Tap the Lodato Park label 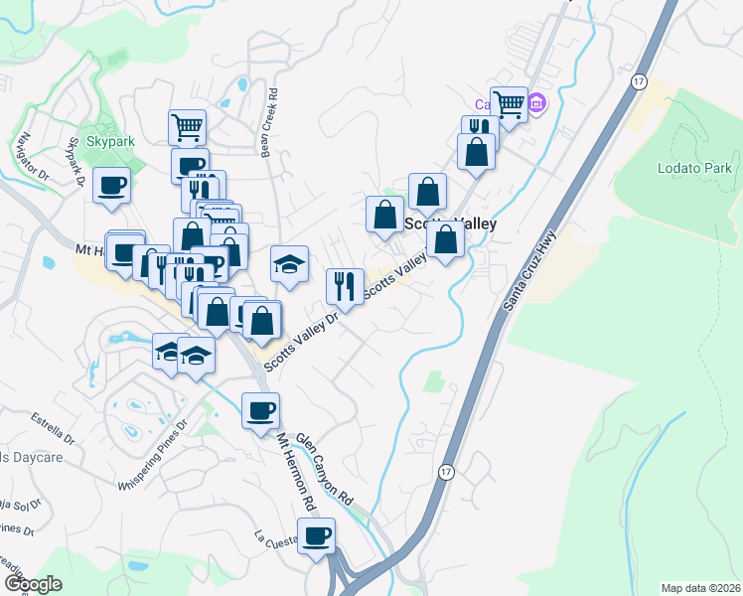(694, 168)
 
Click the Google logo (33, 584)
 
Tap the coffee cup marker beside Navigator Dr (112, 184)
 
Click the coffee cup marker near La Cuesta (317, 536)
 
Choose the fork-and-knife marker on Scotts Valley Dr (345, 286)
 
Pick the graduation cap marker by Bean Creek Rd (289, 264)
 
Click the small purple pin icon (537, 103)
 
